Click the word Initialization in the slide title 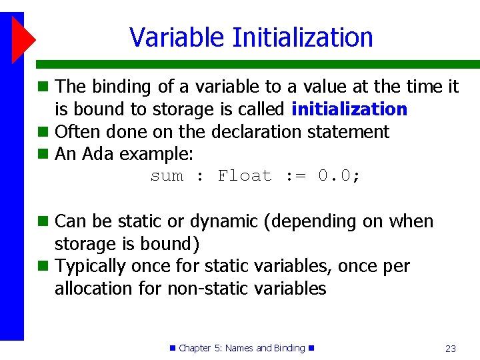pos(303,37)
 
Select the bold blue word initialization pos(349,109)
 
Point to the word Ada pos(99,154)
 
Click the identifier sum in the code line pos(167,176)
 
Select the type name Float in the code pos(245,176)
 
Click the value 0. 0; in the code pos(339,176)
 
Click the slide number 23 pos(450,348)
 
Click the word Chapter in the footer pos(195,348)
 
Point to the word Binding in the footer pos(289,348)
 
